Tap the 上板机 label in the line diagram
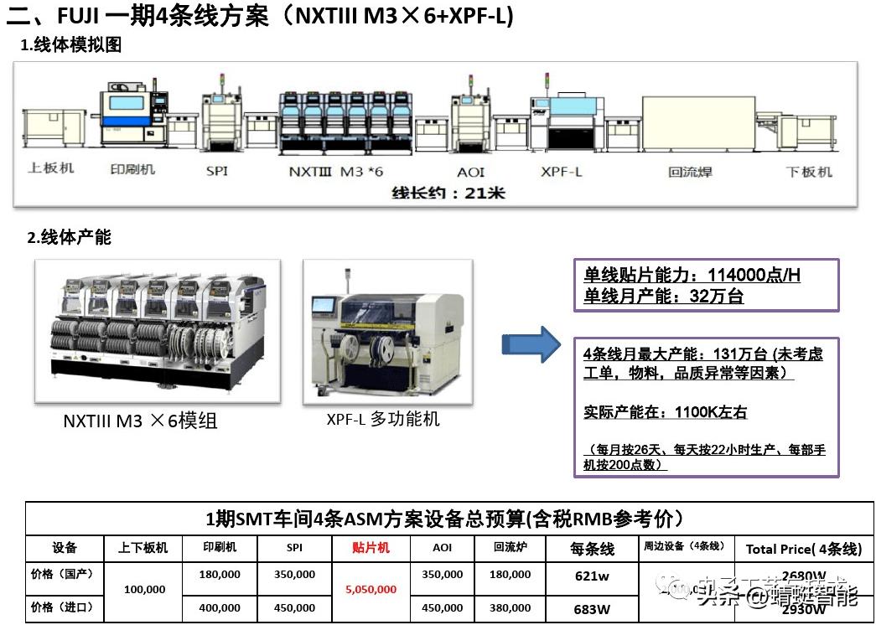pyautogui.click(x=51, y=168)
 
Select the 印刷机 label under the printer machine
pyautogui.click(x=132, y=169)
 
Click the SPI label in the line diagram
pyautogui.click(x=216, y=172)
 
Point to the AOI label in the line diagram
pyautogui.click(x=470, y=172)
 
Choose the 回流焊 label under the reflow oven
pyautogui.click(x=690, y=172)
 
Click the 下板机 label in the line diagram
pyautogui.click(x=809, y=172)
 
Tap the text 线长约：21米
pyautogui.click(x=448, y=193)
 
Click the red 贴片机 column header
pyautogui.click(x=371, y=548)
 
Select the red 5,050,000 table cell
pyautogui.click(x=371, y=590)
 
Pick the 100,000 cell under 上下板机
pyautogui.click(x=144, y=590)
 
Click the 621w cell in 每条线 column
pyautogui.click(x=592, y=576)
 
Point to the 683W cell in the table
pyautogui.click(x=592, y=609)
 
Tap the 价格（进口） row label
pyautogui.click(x=62, y=607)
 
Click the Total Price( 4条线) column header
pyautogui.click(x=803, y=550)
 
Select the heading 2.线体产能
pyautogui.click(x=69, y=238)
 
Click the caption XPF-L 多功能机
pyautogui.click(x=383, y=419)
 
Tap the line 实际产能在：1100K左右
pyautogui.click(x=665, y=412)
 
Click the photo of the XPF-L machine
pyautogui.click(x=387, y=332)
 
